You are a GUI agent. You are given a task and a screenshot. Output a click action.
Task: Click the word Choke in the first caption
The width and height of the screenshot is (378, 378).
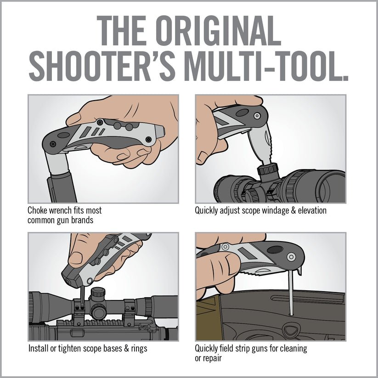(38, 211)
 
